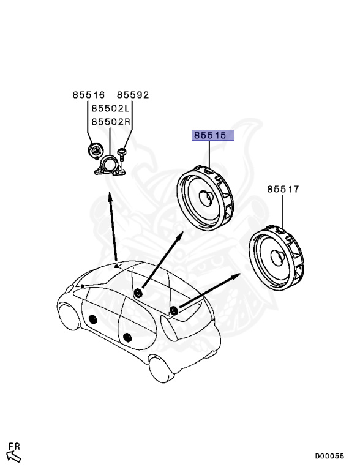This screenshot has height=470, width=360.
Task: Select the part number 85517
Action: pyautogui.click(x=283, y=190)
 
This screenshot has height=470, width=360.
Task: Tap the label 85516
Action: pyautogui.click(x=89, y=95)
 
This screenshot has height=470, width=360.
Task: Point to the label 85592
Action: pyautogui.click(x=133, y=95)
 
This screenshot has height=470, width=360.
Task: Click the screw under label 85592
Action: pyautogui.click(x=122, y=153)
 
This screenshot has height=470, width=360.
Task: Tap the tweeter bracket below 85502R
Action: pyautogui.click(x=110, y=166)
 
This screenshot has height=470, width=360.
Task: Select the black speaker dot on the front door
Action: pyautogui.click(x=94, y=318)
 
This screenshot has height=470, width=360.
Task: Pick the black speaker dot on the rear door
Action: pyautogui.click(x=127, y=337)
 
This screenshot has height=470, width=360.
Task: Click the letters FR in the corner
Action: pyautogui.click(x=14, y=446)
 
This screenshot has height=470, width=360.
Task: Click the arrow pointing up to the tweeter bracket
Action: pyautogui.click(x=113, y=226)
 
